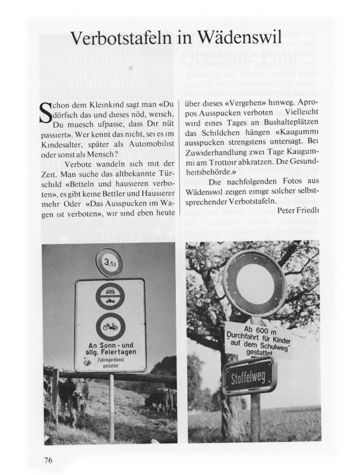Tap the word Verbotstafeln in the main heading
click(122, 39)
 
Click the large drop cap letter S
click(45, 113)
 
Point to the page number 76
click(49, 460)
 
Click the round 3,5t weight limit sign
click(109, 262)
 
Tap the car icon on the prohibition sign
click(110, 292)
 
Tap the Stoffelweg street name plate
click(249, 375)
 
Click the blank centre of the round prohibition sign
click(254, 284)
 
